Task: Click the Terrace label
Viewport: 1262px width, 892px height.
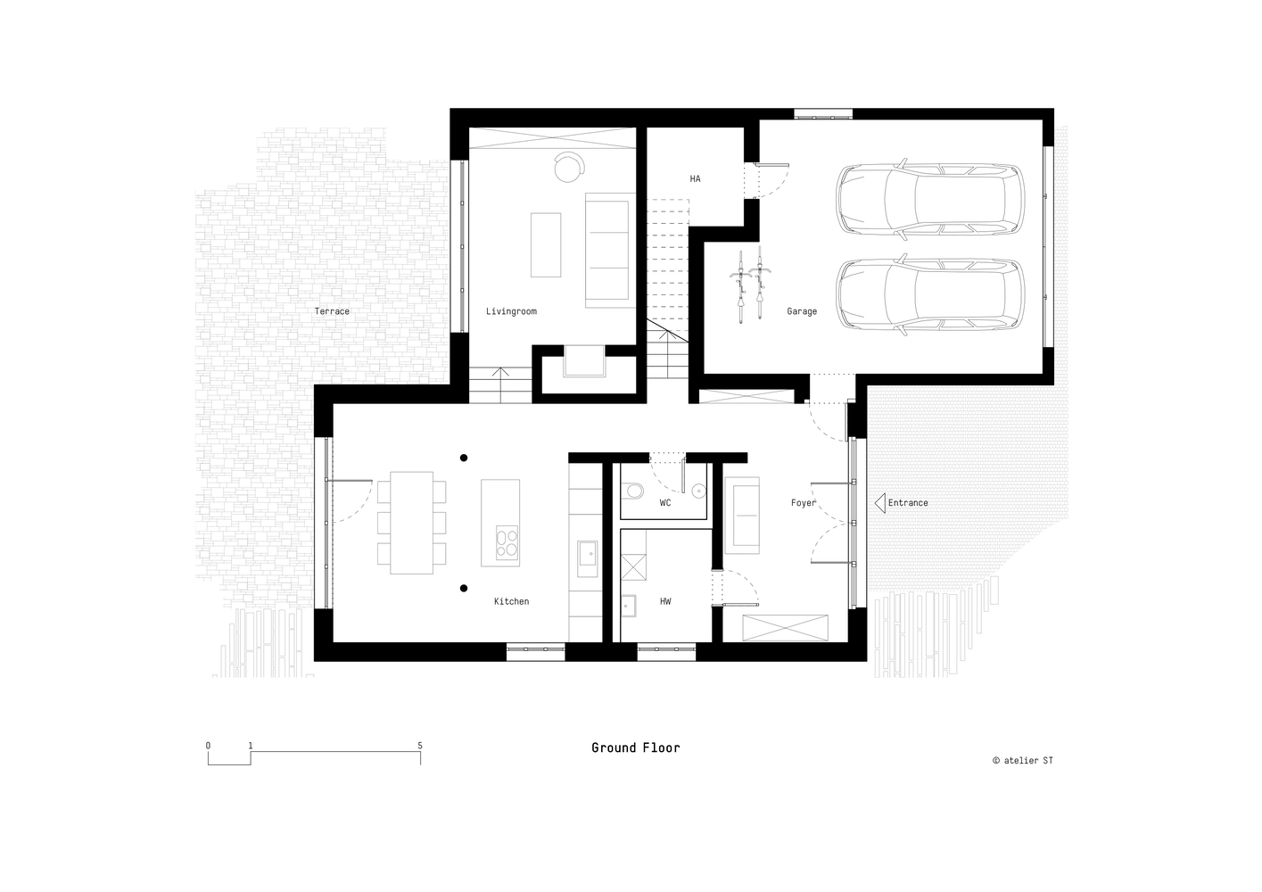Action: [x=332, y=311]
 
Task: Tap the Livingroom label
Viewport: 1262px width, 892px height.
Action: [x=511, y=311]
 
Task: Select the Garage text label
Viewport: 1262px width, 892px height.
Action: [x=802, y=311]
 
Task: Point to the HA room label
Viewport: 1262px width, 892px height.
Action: [x=696, y=178]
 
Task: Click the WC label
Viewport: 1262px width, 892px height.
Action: [x=665, y=502]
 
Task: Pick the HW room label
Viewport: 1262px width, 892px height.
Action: [x=665, y=601]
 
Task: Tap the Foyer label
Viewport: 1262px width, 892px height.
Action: [x=804, y=502]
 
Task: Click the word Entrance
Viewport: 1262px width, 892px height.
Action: [x=908, y=502]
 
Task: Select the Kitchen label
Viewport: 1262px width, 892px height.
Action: [x=512, y=601]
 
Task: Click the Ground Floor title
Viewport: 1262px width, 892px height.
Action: [x=636, y=747]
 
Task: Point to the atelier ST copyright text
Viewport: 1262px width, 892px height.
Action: [x=1023, y=760]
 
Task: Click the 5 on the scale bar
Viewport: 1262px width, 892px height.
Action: [x=420, y=746]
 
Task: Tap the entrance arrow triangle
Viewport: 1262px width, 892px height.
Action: [x=879, y=502]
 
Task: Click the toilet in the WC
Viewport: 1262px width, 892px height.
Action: [x=633, y=491]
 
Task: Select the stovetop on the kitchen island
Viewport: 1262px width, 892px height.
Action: [x=507, y=542]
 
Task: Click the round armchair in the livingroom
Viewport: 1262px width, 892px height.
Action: [x=569, y=167]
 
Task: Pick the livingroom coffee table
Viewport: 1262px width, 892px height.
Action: [x=546, y=244]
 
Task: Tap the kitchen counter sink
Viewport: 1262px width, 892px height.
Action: [x=587, y=559]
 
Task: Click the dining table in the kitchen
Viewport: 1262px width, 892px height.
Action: [x=411, y=523]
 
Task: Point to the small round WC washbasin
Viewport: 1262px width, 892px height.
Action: [x=698, y=491]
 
